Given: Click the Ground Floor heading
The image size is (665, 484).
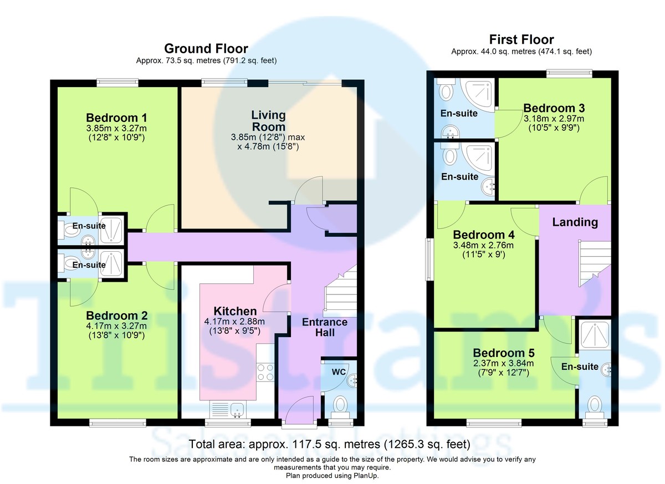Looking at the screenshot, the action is pyautogui.click(x=206, y=48).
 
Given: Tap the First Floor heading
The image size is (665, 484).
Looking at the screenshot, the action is pyautogui.click(x=521, y=39).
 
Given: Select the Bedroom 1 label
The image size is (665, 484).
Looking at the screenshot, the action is pyautogui.click(x=116, y=118).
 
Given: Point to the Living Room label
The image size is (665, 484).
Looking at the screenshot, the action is pyautogui.click(x=268, y=121).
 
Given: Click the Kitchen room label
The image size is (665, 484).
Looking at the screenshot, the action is pyautogui.click(x=235, y=311).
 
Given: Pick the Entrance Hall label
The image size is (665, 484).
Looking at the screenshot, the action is pyautogui.click(x=325, y=327).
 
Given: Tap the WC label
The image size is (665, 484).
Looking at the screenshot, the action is pyautogui.click(x=339, y=372).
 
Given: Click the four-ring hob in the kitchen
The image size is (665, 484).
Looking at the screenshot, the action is pyautogui.click(x=265, y=373).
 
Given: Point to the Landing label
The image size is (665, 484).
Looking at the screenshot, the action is pyautogui.click(x=575, y=222).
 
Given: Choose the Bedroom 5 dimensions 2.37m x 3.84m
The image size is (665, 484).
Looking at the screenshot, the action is pyautogui.click(x=504, y=363).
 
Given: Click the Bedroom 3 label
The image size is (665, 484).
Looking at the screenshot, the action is pyautogui.click(x=554, y=108).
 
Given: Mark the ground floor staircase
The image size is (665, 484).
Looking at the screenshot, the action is pyautogui.click(x=340, y=291).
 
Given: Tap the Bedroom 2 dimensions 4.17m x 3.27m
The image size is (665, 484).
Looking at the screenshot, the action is pyautogui.click(x=116, y=326).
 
